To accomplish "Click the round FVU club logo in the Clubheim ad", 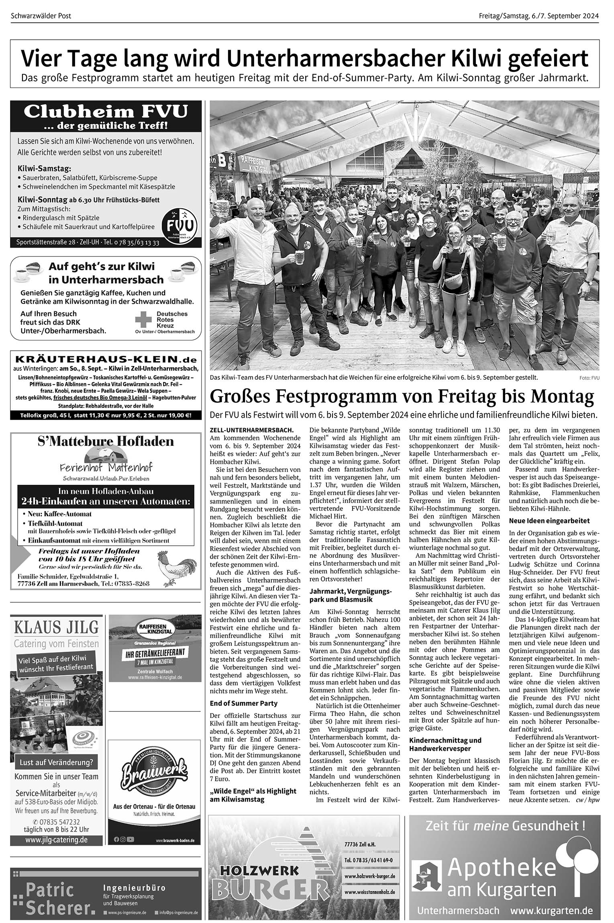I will coord(179,224).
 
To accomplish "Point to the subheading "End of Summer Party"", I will coord(244,703).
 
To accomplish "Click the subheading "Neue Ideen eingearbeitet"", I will coord(549,521).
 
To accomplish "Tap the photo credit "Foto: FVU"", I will coord(589,378).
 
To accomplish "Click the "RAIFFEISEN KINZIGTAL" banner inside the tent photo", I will coord(254,165).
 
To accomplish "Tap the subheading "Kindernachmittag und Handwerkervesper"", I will coord(445,744).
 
